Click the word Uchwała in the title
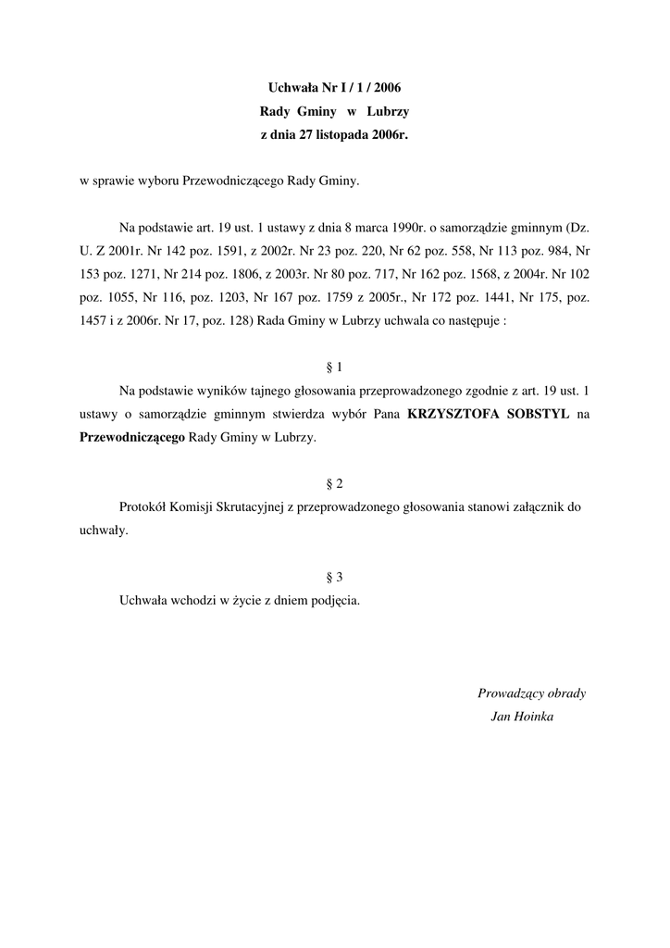(291, 88)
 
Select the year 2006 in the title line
(389, 88)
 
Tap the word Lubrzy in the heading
(388, 111)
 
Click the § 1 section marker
(335, 367)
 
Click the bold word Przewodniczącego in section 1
(132, 439)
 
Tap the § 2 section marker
(335, 483)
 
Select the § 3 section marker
(335, 576)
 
